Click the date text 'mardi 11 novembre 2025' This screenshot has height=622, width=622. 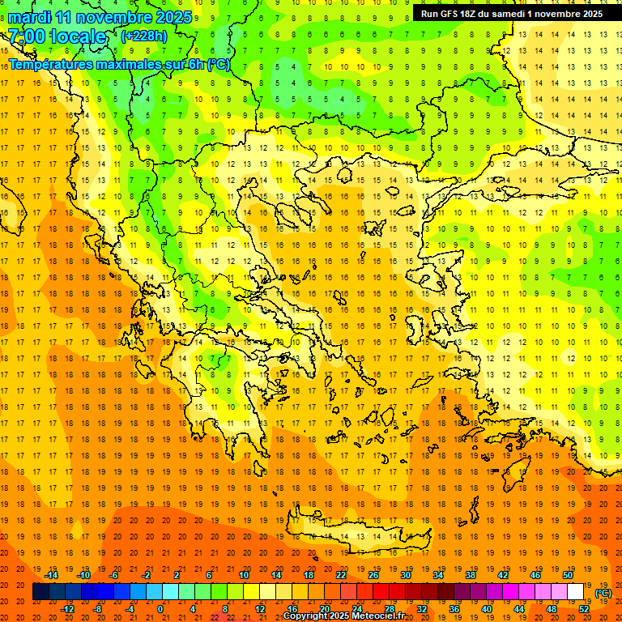coord(100,17)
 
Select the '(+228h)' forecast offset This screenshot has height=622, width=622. coord(146,36)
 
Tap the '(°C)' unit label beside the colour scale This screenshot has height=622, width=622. coord(603,592)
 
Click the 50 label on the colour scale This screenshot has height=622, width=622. coord(567,575)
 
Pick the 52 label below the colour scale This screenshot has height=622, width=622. coord(584,609)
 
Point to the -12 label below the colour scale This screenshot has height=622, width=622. coord(67,609)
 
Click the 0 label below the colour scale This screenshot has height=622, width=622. coord(160,609)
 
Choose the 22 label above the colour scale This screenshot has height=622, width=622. coord(341,575)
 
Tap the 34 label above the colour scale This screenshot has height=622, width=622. coord(437,575)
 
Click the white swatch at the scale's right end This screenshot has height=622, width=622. coord(575,592)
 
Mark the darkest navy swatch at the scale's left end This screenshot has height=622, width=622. coord(40,592)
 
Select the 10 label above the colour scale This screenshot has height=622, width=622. coord(243,575)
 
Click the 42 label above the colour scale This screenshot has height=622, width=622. coord(502,575)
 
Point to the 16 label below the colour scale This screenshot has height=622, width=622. coord(292,609)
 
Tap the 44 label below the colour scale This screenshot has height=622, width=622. coord(519,609)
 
